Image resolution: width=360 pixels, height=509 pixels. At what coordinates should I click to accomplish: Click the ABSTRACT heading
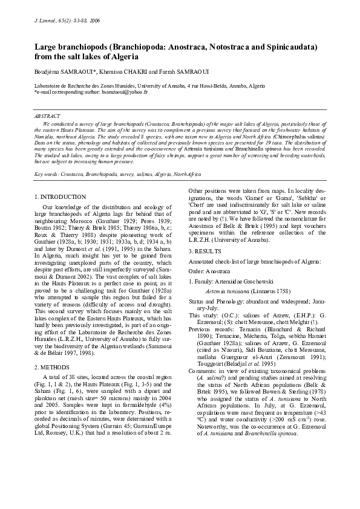tap(48, 115)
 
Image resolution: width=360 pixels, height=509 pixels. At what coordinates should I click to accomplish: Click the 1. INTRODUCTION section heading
tap(60, 197)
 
